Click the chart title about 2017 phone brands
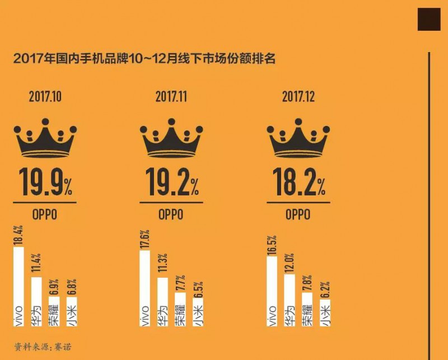pos(144,58)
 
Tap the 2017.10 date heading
pos(45,96)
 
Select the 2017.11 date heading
pos(171,96)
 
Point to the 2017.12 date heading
pos(298,96)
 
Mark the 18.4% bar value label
pos(18,235)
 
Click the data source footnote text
pos(43,347)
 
